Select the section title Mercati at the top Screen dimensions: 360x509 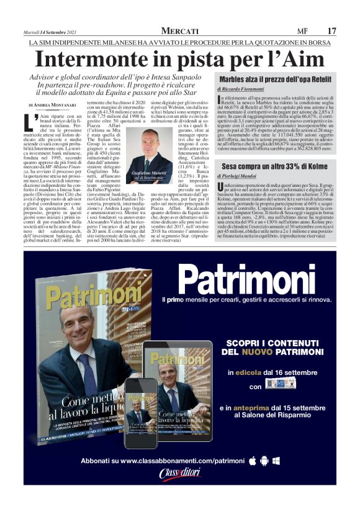coord(180,30)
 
